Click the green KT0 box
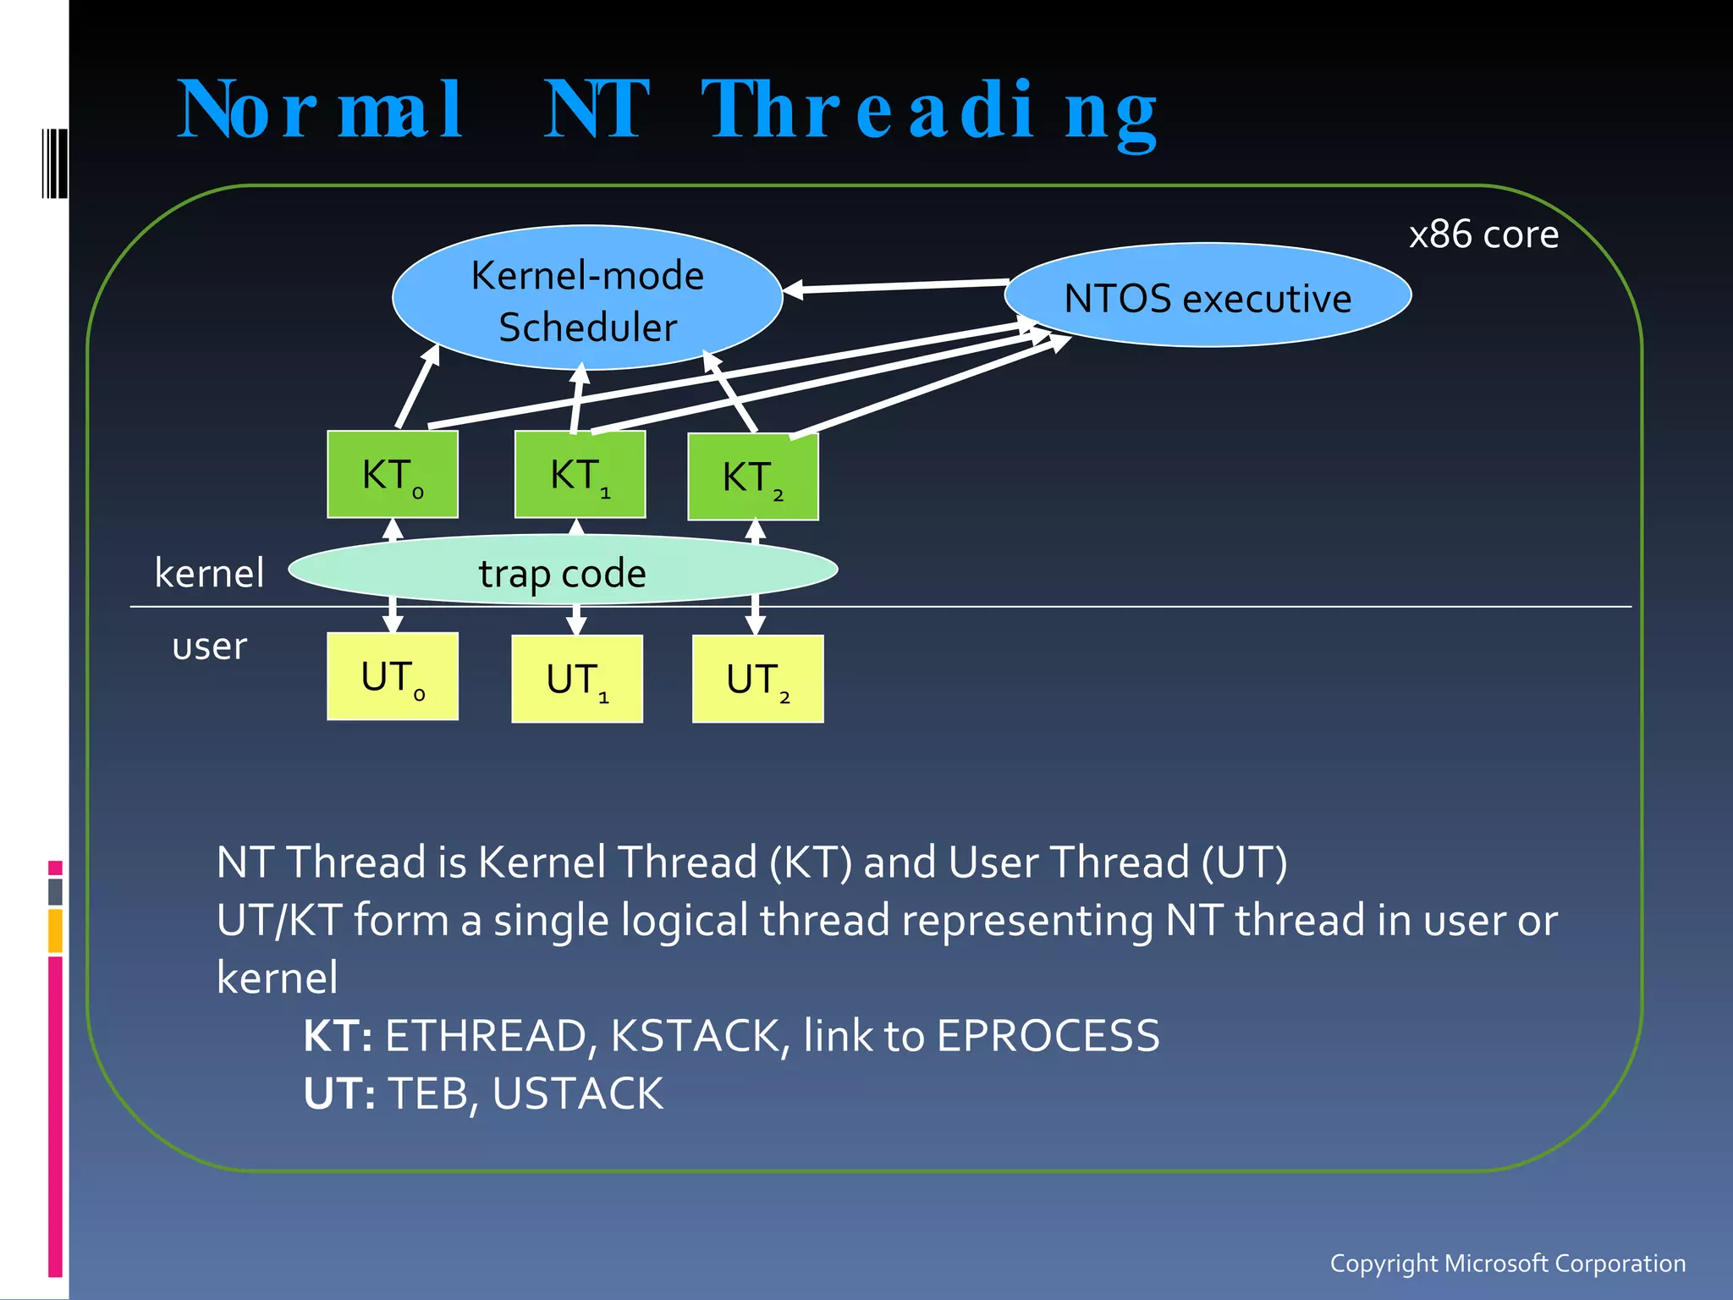click(393, 474)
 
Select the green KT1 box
click(580, 474)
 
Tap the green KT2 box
click(753, 476)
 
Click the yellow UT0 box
click(393, 676)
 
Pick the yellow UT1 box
click(577, 679)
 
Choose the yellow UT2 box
click(757, 679)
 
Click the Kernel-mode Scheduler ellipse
click(587, 298)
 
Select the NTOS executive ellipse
click(1208, 296)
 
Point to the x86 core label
click(1483, 234)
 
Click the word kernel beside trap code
click(209, 573)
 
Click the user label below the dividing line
click(209, 647)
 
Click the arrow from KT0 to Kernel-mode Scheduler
click(417, 387)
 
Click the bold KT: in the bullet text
click(338, 1036)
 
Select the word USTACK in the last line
click(577, 1093)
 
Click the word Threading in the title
click(929, 112)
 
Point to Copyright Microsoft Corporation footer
click(1507, 1263)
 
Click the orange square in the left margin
click(56, 930)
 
